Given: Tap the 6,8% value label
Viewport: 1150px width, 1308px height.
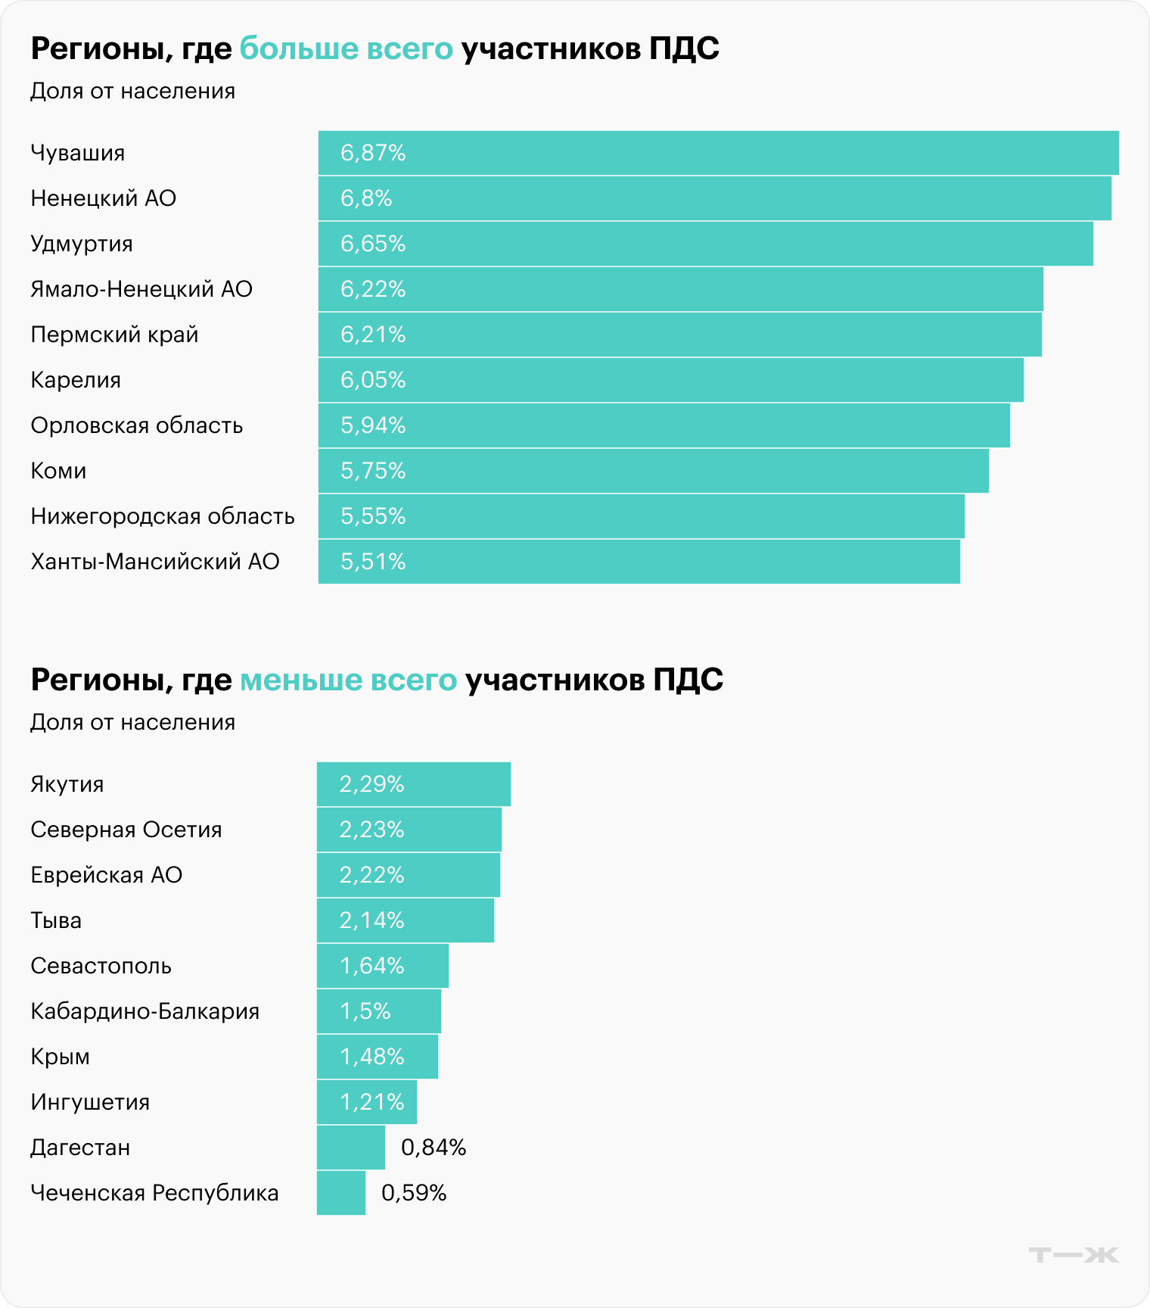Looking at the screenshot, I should [366, 198].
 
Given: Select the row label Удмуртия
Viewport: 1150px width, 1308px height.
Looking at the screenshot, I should [82, 244].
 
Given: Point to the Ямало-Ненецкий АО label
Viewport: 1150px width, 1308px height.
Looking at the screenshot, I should [141, 289].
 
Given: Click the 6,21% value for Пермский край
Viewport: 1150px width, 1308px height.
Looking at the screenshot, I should [373, 335].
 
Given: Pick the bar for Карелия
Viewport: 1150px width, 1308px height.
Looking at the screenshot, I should [670, 380].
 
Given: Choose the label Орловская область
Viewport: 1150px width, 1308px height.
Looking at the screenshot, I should [137, 425].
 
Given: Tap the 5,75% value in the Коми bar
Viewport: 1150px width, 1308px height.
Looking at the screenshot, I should [373, 471].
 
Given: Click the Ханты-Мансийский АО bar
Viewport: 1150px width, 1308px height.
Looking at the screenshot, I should [639, 562].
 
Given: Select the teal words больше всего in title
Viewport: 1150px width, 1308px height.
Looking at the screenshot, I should [347, 48].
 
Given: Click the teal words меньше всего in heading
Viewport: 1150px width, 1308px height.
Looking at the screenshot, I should [349, 680].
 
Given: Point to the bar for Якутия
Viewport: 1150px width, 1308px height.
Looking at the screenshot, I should [413, 784].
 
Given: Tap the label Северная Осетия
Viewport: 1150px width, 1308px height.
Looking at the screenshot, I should [126, 830].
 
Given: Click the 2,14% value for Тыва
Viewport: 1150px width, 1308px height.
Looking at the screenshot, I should [371, 920].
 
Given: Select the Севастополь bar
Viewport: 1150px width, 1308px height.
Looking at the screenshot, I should [382, 966].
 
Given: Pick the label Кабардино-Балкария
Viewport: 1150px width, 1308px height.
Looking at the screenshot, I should [145, 1011].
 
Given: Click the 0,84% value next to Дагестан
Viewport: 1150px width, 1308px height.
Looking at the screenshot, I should [434, 1148].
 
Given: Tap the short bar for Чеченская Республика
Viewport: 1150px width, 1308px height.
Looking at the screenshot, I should [340, 1193].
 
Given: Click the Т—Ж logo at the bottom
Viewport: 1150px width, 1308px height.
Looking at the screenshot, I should [1073, 1255].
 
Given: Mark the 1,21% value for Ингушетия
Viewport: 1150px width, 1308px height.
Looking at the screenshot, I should [371, 1102].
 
